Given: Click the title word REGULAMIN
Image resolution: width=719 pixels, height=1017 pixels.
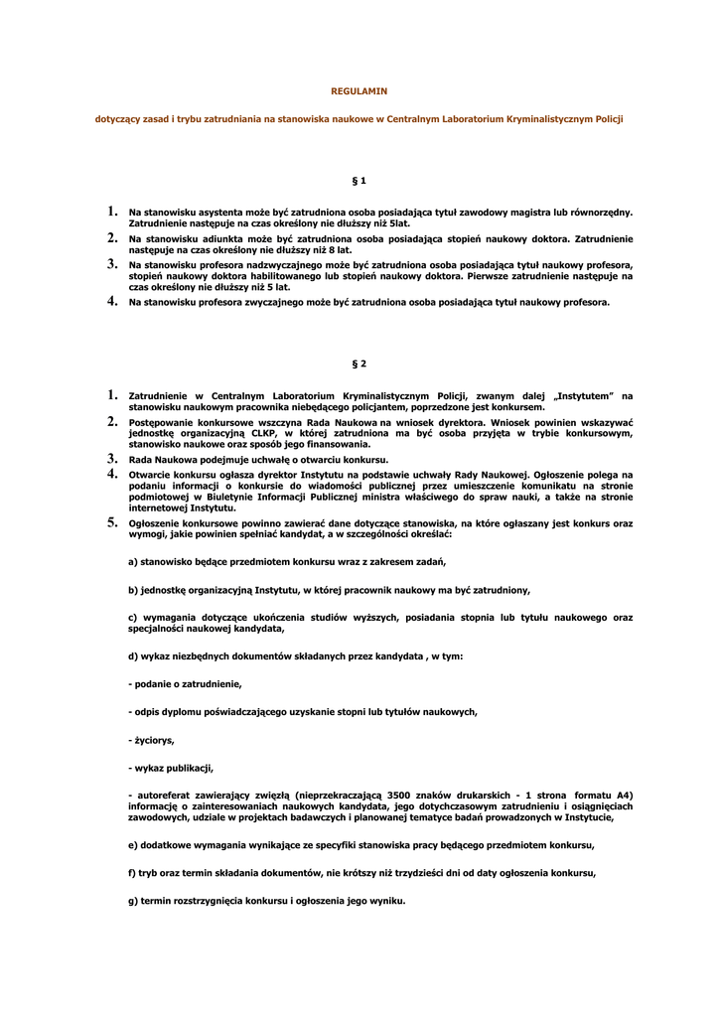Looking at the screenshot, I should click(x=359, y=91).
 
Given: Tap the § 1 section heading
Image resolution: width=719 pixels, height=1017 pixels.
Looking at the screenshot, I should click(x=359, y=181).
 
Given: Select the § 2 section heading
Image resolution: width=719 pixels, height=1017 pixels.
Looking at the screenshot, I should click(x=359, y=364).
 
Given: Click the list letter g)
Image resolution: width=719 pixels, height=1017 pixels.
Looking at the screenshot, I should click(x=133, y=901).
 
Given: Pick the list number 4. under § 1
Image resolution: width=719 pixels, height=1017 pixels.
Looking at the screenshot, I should click(x=113, y=301).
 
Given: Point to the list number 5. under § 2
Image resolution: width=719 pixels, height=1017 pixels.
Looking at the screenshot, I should click(x=113, y=522).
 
